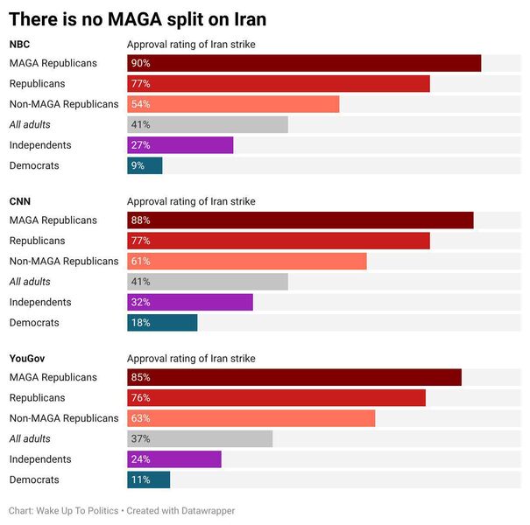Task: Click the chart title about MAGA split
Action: [x=138, y=18]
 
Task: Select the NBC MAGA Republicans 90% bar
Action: [x=304, y=63]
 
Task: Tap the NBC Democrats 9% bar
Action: [x=145, y=165]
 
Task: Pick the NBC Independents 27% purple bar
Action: [x=180, y=145]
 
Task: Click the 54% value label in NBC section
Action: [x=140, y=104]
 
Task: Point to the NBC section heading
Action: [x=20, y=44]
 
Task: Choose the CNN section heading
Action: [x=20, y=201]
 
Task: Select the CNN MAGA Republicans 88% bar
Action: [x=300, y=220]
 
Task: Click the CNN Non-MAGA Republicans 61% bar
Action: [x=247, y=262]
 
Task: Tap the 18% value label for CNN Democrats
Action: [x=140, y=323]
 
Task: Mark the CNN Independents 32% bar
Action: [x=190, y=302]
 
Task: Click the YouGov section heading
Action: [x=28, y=359]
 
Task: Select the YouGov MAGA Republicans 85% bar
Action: [x=294, y=377]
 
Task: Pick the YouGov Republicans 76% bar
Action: [x=277, y=398]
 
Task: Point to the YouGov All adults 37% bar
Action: [x=200, y=438]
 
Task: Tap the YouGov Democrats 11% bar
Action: [x=149, y=479]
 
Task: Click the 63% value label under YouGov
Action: [x=140, y=418]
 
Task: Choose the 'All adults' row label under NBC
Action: [x=30, y=125]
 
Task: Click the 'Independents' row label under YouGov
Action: [x=40, y=459]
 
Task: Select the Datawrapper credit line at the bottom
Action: [x=122, y=510]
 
